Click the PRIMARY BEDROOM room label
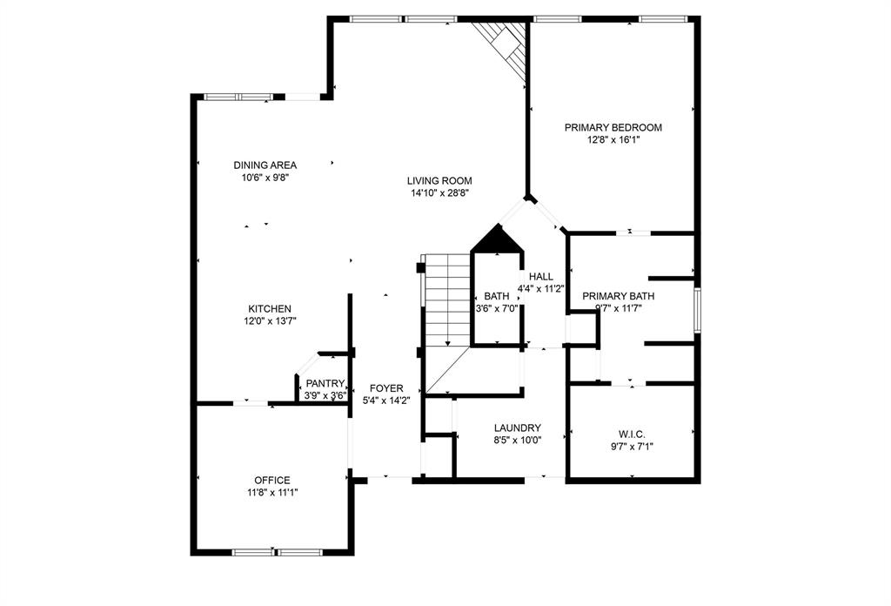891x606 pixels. click(x=613, y=127)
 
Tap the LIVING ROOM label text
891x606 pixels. click(x=439, y=181)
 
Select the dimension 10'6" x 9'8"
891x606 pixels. click(x=265, y=177)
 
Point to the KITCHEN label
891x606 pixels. click(x=270, y=309)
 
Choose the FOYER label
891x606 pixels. click(x=385, y=388)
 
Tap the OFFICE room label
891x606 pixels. click(x=272, y=480)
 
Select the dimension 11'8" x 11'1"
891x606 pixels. click(x=272, y=492)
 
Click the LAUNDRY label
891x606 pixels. click(x=518, y=428)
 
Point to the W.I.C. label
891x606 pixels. click(x=632, y=434)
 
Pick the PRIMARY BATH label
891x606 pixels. click(x=618, y=295)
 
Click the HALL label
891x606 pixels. click(x=540, y=277)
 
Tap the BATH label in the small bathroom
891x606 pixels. click(x=497, y=295)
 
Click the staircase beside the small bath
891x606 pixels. click(x=445, y=300)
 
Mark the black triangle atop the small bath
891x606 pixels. click(x=496, y=239)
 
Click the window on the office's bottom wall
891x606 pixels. click(x=277, y=552)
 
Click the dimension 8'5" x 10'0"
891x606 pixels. click(x=518, y=440)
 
